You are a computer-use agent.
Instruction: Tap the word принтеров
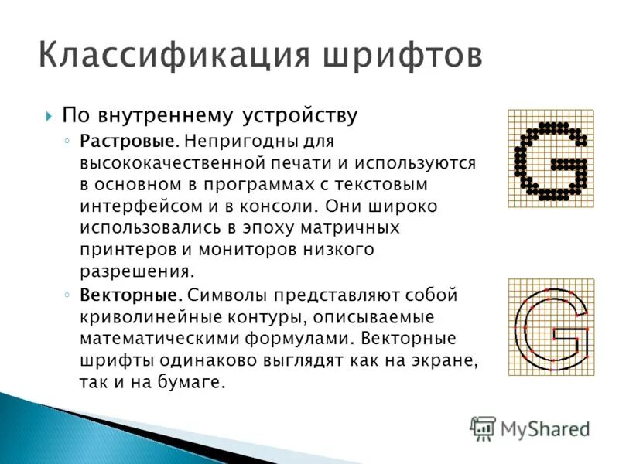(116, 251)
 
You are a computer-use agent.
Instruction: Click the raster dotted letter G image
(551, 159)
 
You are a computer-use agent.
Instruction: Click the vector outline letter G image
(551, 327)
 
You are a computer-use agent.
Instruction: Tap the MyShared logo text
(544, 428)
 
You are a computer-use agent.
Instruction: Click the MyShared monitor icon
(483, 428)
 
